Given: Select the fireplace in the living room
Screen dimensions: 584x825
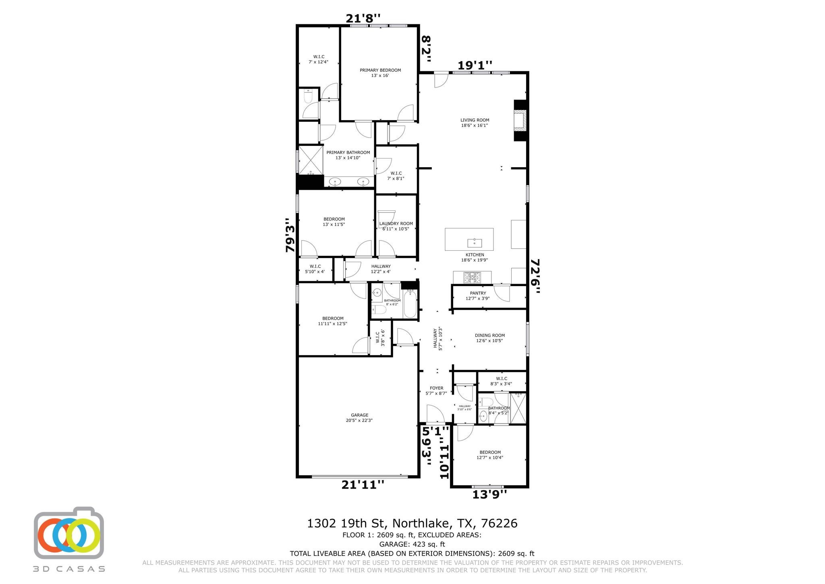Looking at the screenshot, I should tap(520, 121).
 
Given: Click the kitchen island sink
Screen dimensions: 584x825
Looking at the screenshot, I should tap(475, 243).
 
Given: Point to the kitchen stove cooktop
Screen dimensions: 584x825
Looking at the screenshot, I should tap(472, 277).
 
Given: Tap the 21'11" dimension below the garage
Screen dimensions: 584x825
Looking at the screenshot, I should tap(363, 485).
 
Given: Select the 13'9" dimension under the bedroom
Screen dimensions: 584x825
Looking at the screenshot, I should tap(489, 494).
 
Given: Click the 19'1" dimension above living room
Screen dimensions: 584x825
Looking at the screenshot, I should tap(475, 65).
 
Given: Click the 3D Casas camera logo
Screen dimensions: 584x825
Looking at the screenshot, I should tap(69, 533).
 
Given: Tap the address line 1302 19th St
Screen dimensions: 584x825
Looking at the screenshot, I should tap(412, 524).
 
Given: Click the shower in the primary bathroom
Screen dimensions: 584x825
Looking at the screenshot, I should tap(311, 160).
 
